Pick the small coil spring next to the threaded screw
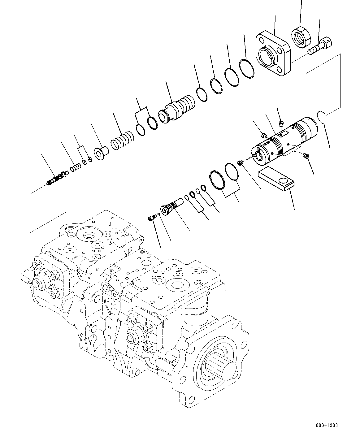click(x=75, y=167)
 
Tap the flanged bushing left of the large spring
click(x=102, y=153)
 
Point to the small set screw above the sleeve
click(x=281, y=124)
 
